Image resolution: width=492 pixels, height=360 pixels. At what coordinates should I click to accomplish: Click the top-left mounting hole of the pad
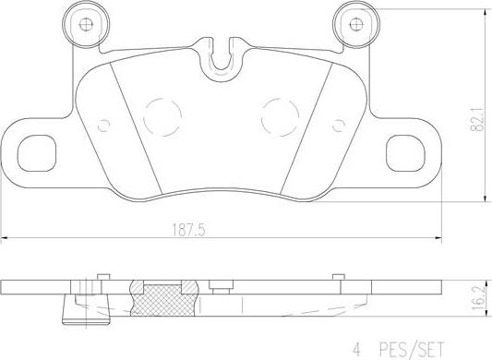87,25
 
